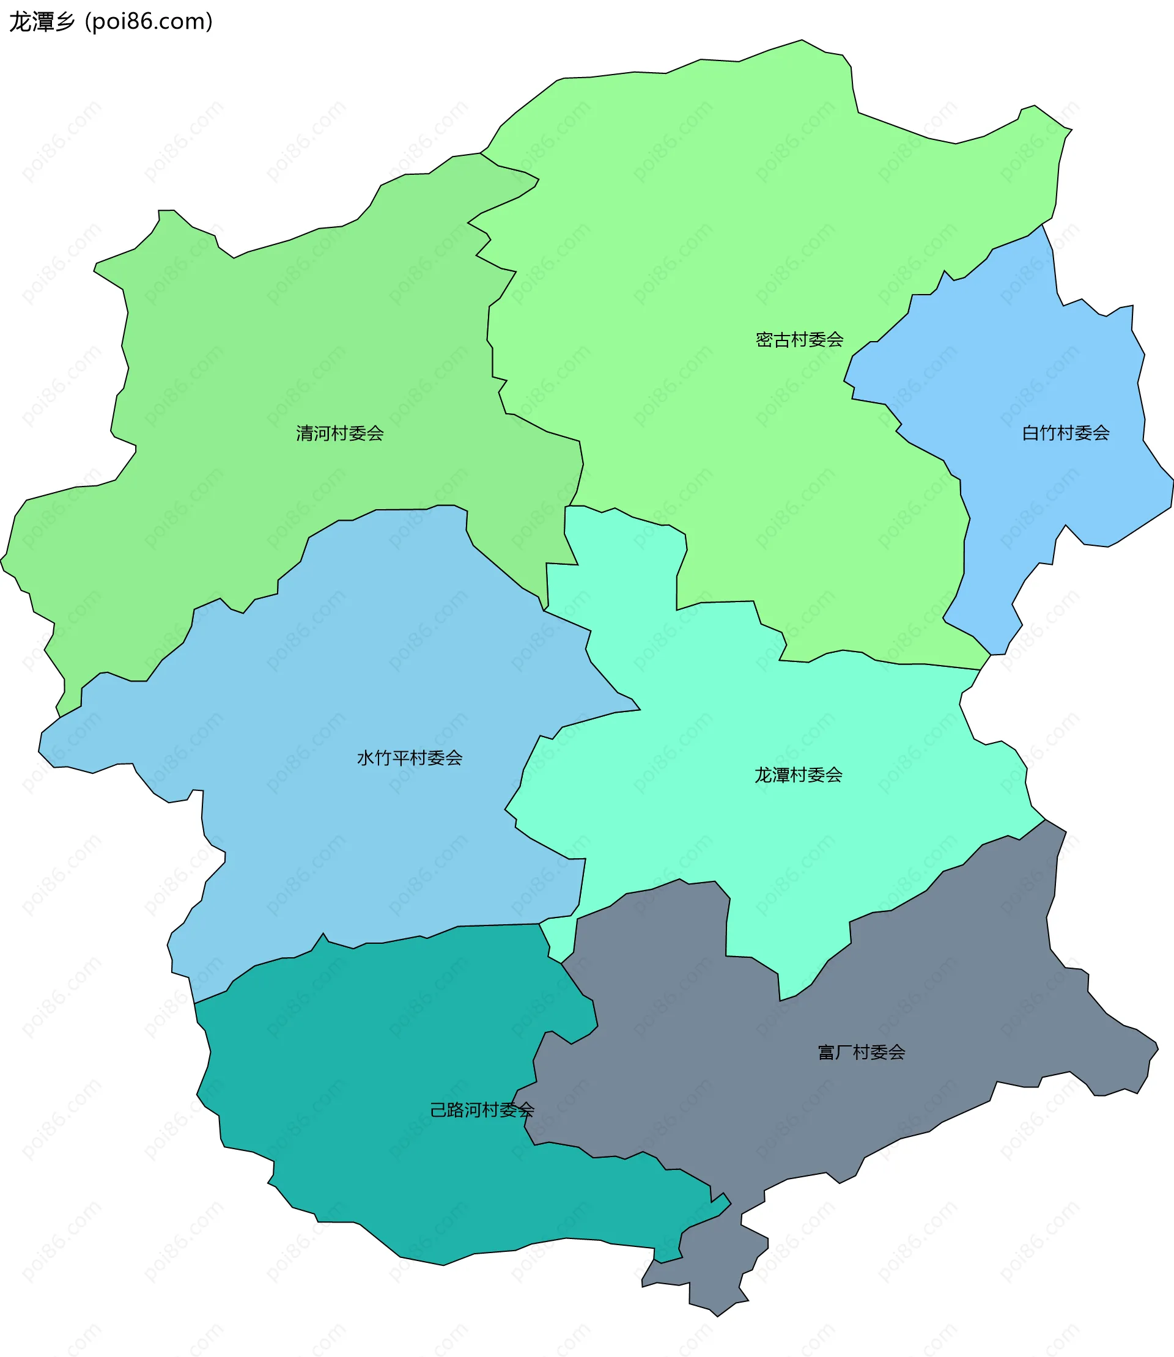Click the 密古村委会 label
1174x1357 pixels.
pyautogui.click(x=799, y=340)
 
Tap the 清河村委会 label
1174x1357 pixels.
pyautogui.click(x=339, y=433)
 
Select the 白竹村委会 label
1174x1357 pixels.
pyautogui.click(x=1065, y=433)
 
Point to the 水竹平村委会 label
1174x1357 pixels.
pyautogui.click(x=410, y=759)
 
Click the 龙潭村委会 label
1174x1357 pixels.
pyautogui.click(x=798, y=776)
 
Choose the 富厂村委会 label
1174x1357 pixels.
pyautogui.click(x=861, y=1053)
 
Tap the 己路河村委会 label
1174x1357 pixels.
pyautogui.click(x=482, y=1110)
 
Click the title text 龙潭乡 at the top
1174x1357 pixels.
pyautogui.click(x=42, y=21)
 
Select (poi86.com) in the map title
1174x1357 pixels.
pyautogui.click(x=149, y=21)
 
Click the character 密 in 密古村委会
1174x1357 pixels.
pyautogui.click(x=764, y=340)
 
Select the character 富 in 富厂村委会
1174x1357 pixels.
pyautogui.click(x=826, y=1053)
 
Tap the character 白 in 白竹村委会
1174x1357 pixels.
pyautogui.click(x=1030, y=433)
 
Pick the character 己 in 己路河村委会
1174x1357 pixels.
pyautogui.click(x=438, y=1110)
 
